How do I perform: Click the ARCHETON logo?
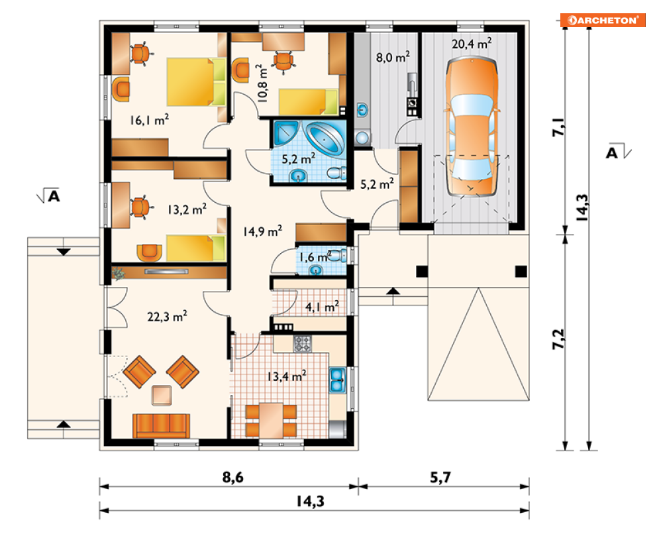click(x=603, y=20)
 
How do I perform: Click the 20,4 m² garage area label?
click(x=472, y=43)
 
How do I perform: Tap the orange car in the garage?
click(x=472, y=127)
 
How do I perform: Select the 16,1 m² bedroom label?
click(x=149, y=120)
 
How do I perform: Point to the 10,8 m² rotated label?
click(x=262, y=83)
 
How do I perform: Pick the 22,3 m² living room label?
click(x=167, y=316)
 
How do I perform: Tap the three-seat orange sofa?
click(x=161, y=425)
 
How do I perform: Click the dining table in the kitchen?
click(x=271, y=420)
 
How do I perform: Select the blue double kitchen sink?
click(x=337, y=380)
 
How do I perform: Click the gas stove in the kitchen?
click(x=303, y=343)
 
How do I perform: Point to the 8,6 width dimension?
click(x=233, y=477)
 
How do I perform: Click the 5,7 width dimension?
click(x=440, y=477)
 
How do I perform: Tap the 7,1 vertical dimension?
click(x=558, y=126)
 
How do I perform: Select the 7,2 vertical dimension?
click(x=558, y=339)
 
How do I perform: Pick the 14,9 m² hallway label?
click(x=262, y=231)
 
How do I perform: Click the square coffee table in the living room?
click(x=162, y=396)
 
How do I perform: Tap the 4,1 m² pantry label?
click(x=322, y=307)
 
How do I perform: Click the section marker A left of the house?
click(x=49, y=196)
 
